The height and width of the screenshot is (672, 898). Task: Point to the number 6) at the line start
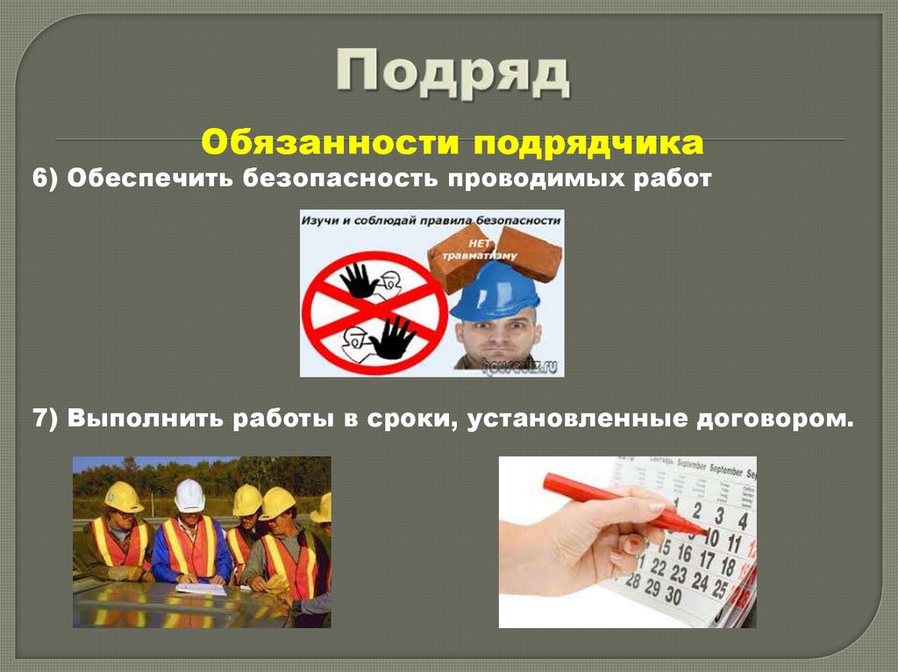click(45, 179)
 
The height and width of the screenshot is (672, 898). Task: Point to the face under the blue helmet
click(497, 337)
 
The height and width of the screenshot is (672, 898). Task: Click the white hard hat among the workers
click(189, 496)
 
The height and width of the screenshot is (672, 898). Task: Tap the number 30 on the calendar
click(673, 595)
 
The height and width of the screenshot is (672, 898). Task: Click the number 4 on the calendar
click(742, 520)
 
